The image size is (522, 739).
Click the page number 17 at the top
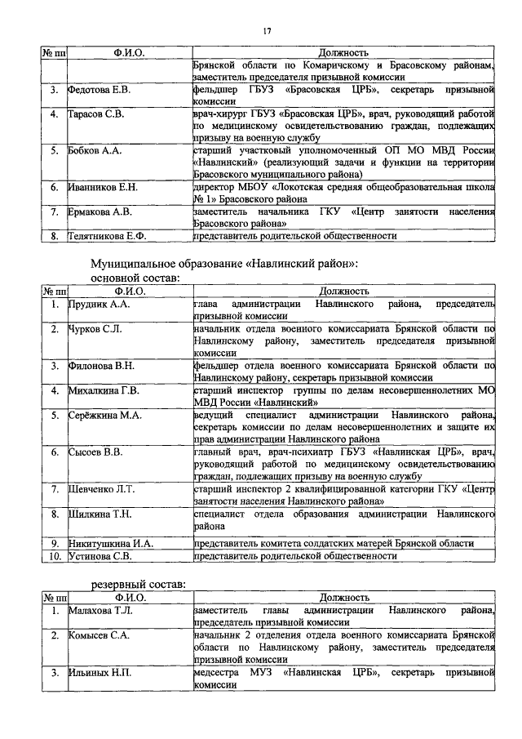tap(267, 31)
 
